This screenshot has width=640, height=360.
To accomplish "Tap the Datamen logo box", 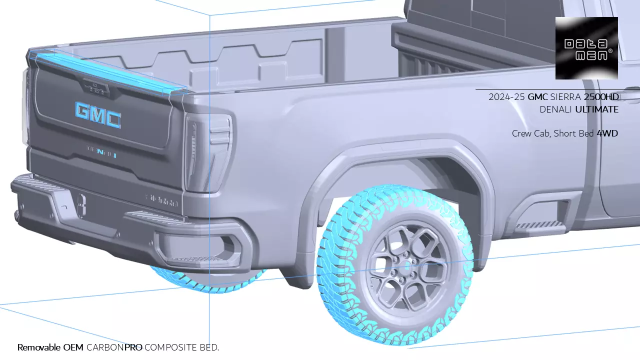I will click(586, 48).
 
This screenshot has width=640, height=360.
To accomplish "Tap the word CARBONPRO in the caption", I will click(114, 347).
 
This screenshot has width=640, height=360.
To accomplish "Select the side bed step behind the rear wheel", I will click(537, 225).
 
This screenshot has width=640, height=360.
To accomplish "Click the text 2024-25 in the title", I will click(506, 97).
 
